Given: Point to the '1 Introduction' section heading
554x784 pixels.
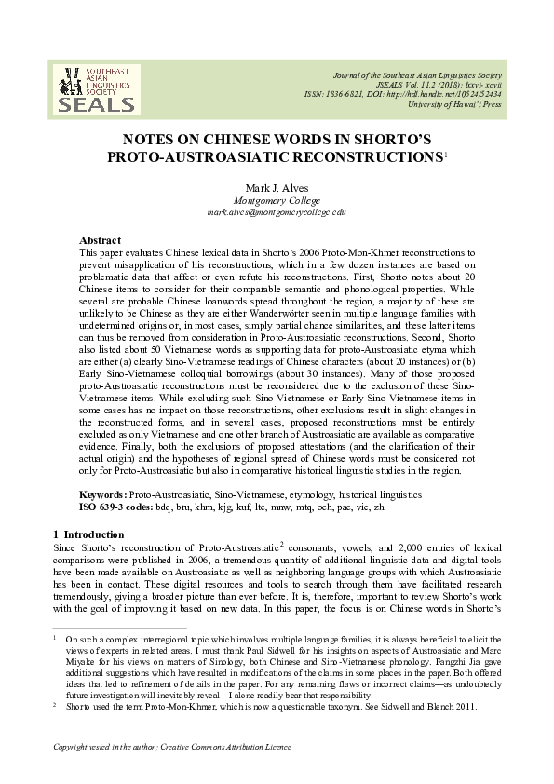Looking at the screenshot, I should click(88, 534).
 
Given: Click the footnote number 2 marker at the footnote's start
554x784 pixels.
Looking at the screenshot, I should click(54, 706).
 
